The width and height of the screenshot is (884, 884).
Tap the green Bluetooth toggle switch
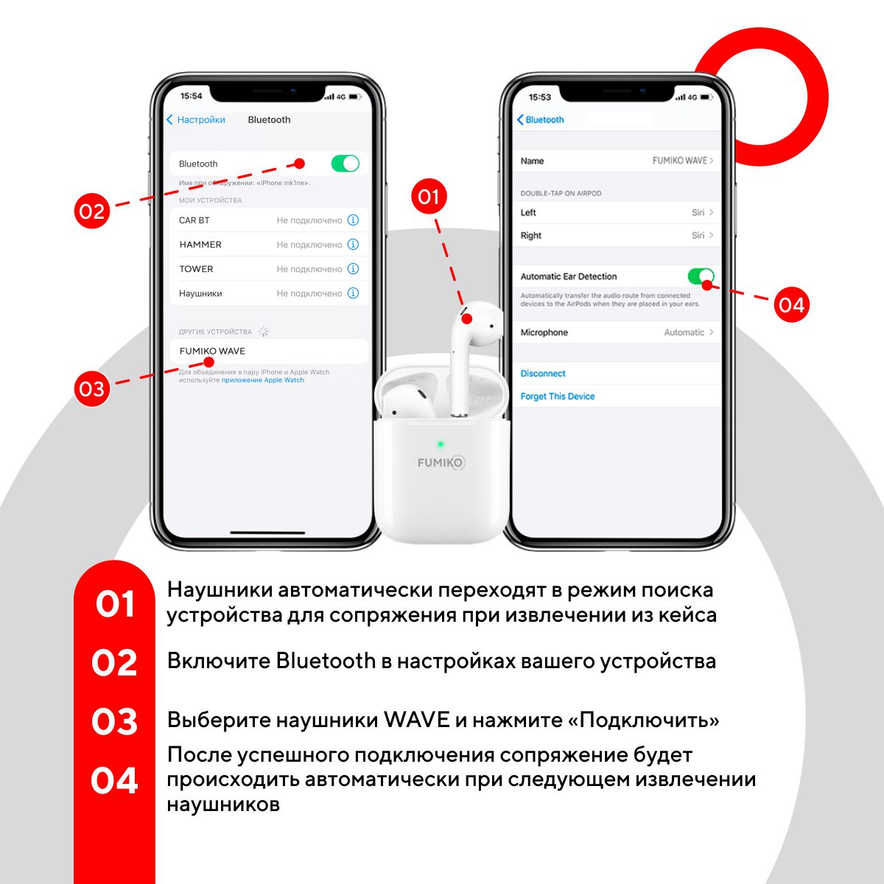click(345, 164)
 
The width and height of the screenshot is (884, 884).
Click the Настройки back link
click(196, 120)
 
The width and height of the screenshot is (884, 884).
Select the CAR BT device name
click(194, 220)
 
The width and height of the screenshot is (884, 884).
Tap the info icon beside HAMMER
click(353, 244)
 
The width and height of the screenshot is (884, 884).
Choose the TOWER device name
click(196, 269)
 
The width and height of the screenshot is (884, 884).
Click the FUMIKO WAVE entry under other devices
click(212, 351)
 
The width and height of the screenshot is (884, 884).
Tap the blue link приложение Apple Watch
click(263, 380)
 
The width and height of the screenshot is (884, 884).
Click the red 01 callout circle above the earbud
click(429, 197)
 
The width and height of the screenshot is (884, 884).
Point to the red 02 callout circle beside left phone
click(92, 211)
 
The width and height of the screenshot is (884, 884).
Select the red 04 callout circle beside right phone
click(791, 304)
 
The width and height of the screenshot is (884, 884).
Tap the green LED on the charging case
click(441, 443)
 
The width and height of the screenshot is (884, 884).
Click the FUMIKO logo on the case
click(441, 463)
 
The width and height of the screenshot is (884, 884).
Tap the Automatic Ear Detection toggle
click(701, 276)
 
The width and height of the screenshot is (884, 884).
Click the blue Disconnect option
click(543, 373)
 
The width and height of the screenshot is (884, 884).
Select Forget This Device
click(558, 396)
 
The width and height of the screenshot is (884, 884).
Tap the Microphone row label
click(544, 332)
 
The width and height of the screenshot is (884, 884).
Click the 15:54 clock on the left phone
click(191, 96)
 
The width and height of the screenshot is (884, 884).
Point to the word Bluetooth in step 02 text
click(326, 661)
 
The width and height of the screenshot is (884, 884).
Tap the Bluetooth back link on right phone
click(541, 120)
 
